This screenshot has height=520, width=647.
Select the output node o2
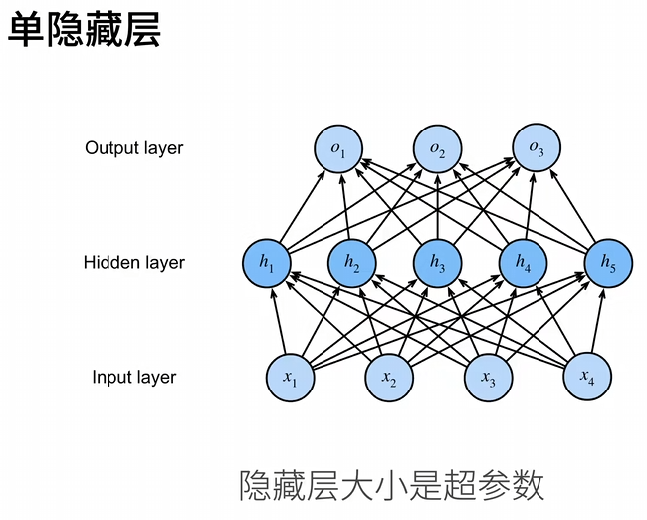pyautogui.click(x=437, y=150)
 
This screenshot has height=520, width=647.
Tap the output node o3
pyautogui.click(x=537, y=150)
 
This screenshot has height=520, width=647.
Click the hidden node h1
pyautogui.click(x=266, y=263)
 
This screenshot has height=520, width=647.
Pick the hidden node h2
pyautogui.click(x=351, y=263)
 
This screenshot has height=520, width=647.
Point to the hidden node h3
pyautogui.click(x=437, y=263)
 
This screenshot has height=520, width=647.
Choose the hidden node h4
pyautogui.click(x=523, y=263)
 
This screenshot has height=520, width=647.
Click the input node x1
pyautogui.click(x=290, y=378)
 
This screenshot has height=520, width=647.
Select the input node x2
pyautogui.click(x=389, y=378)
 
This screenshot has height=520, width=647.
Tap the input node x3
pyautogui.click(x=488, y=378)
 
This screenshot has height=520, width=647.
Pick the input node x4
pyautogui.click(x=587, y=378)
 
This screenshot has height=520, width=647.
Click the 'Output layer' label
pyautogui.click(x=134, y=148)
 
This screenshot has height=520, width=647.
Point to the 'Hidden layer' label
pyautogui.click(x=134, y=263)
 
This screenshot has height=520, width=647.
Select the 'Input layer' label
pyautogui.click(x=134, y=378)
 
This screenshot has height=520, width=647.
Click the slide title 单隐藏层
pyautogui.click(x=84, y=31)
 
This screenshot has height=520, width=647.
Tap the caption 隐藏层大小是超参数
pyautogui.click(x=392, y=485)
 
